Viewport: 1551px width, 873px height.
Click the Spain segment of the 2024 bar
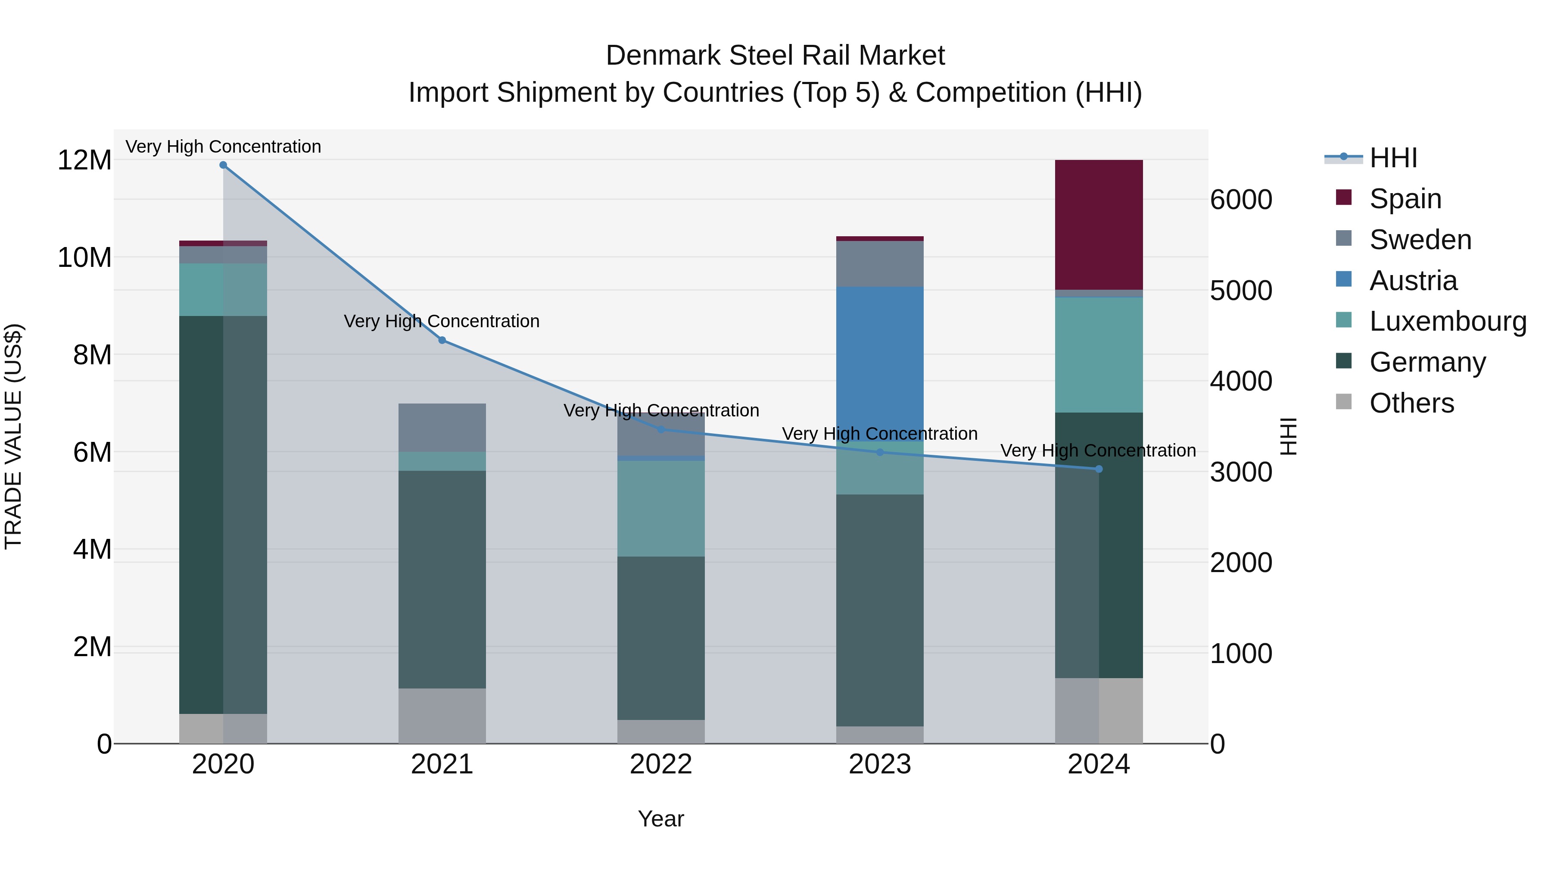pos(1098,224)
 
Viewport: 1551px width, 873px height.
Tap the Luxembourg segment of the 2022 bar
pos(660,508)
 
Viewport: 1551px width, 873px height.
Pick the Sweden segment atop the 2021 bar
pos(442,427)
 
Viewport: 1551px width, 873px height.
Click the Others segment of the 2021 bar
pos(442,715)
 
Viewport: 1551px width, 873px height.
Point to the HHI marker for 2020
pos(223,165)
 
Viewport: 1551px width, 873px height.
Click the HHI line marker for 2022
pos(660,429)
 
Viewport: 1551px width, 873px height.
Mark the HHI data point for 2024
pos(1098,469)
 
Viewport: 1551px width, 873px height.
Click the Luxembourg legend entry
pos(1448,321)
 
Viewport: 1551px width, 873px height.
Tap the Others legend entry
pos(1411,403)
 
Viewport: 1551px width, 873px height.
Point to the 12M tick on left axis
pos(84,160)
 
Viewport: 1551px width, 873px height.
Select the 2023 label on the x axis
pos(880,764)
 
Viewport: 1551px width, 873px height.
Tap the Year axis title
pos(660,819)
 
